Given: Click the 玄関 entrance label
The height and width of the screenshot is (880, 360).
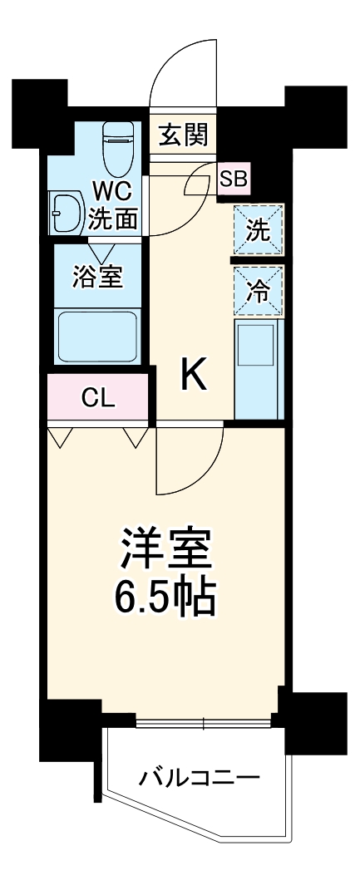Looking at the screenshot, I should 184,134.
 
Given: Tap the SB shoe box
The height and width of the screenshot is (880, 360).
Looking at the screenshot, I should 232,178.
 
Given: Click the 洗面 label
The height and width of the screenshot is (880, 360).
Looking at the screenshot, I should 113,219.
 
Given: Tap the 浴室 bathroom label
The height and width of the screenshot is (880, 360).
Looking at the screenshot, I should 97,278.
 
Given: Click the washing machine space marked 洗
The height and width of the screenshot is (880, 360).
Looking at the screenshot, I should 259,230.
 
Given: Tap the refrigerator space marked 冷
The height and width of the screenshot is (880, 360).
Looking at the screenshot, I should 259,291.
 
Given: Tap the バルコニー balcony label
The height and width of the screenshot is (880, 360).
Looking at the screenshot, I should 200,779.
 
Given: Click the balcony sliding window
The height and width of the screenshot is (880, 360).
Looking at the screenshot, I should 204,722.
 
